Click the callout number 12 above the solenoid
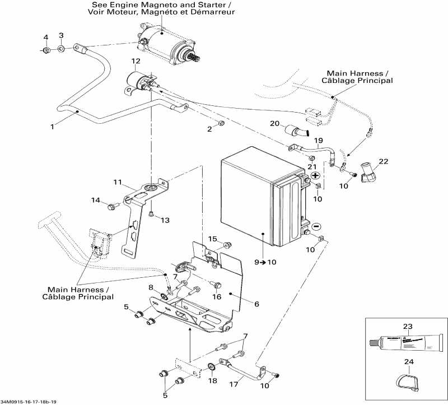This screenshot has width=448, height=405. coord(136,60)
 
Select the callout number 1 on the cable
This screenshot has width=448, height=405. coord(52,127)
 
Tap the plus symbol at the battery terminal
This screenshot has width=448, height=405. coord(315,175)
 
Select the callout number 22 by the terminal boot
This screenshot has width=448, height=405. coord(382,162)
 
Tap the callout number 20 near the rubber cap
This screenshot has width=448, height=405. coord(274,123)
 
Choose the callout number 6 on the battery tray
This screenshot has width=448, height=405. coord(256,304)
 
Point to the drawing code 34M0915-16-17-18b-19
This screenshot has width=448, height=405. coord(29,402)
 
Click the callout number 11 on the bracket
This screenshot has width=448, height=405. coord(118,182)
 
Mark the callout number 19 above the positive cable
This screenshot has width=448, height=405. coord(318,140)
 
